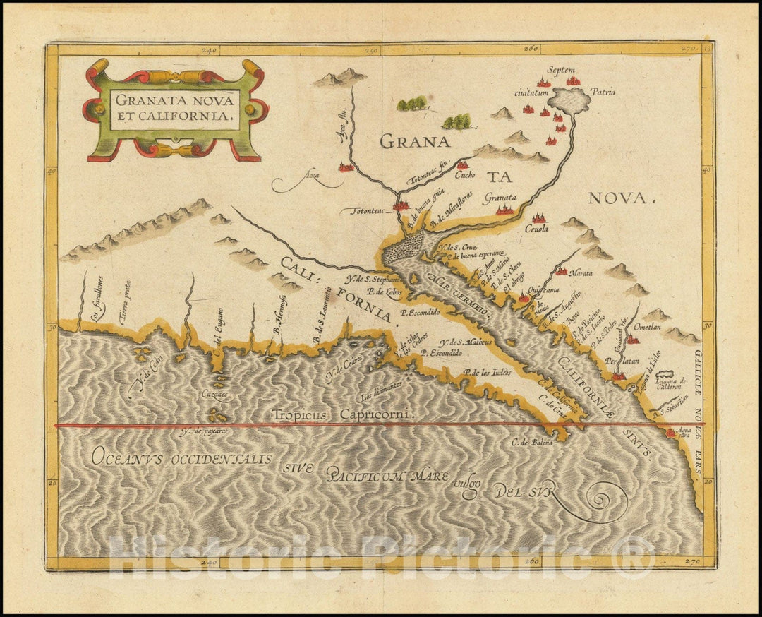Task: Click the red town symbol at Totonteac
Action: click(402, 205)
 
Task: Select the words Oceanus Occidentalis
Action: click(181, 458)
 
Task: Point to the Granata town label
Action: click(500, 198)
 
